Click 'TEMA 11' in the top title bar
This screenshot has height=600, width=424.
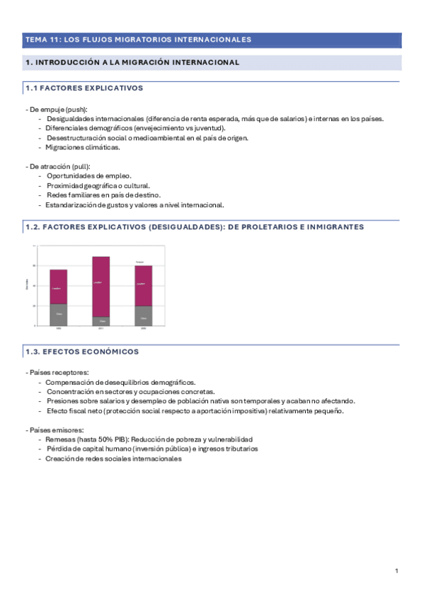coord(38,40)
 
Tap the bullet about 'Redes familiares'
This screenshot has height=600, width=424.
coord(103,195)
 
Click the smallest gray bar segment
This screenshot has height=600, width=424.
coord(101,321)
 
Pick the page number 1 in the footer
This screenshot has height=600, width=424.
coord(397,570)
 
